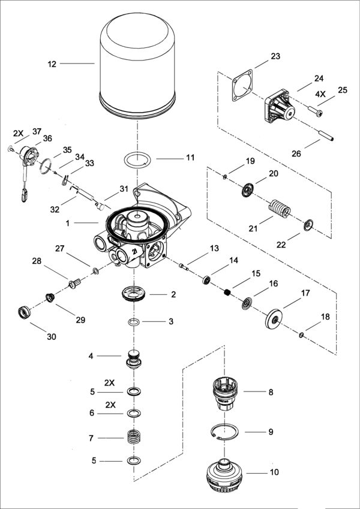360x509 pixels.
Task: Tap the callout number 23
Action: click(275, 56)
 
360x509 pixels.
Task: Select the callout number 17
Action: click(305, 294)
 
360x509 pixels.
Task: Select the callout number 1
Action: click(68, 222)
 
